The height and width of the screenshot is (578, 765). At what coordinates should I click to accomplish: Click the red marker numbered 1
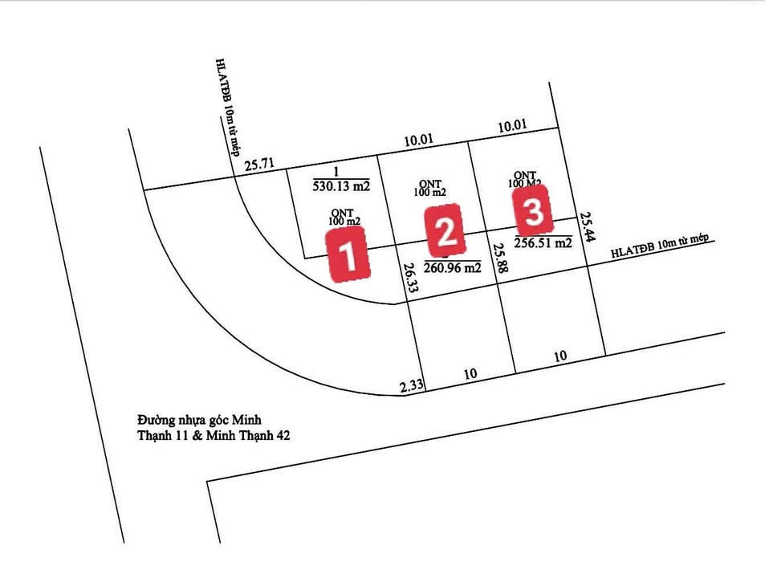pos(348,254)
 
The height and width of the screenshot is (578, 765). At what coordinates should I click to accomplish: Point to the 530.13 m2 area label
pos(341,186)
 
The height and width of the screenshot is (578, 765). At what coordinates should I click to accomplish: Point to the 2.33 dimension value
pos(412,386)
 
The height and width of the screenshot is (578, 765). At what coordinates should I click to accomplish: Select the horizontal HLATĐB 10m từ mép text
pos(661,247)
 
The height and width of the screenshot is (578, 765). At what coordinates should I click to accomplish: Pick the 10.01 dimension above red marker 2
pos(418,140)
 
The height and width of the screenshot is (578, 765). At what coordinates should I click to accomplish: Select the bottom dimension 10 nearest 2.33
pos(470,374)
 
